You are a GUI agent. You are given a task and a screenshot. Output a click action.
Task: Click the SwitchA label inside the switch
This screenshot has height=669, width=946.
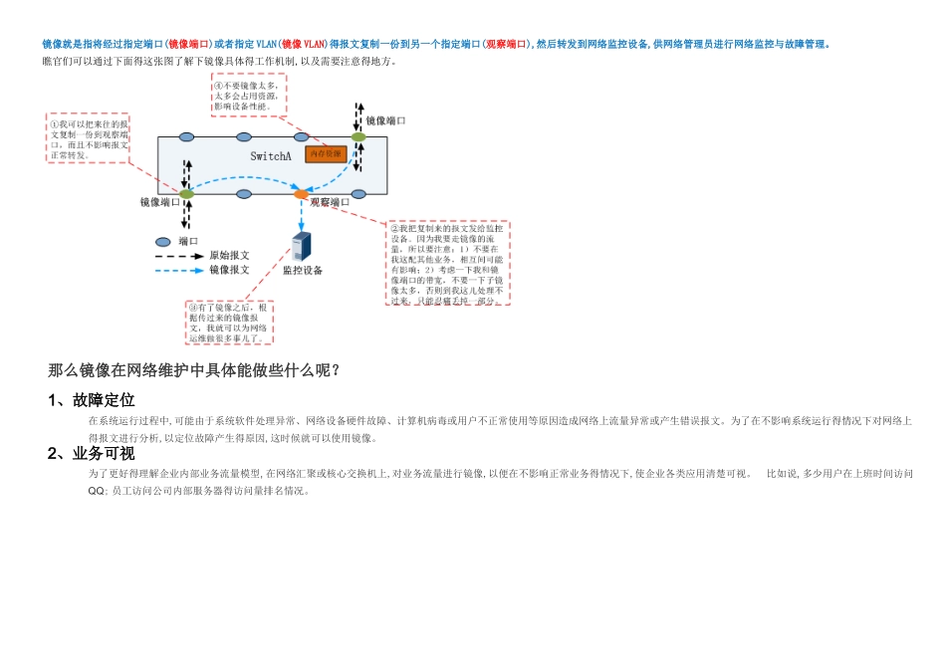click(271, 156)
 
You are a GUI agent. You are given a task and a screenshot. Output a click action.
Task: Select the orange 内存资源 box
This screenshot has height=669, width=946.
click(326, 154)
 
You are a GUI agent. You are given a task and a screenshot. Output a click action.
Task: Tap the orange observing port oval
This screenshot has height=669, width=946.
click(301, 193)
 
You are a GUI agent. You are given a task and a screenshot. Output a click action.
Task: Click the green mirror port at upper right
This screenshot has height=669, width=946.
click(358, 136)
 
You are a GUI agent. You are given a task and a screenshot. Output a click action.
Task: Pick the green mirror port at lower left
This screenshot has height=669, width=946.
click(186, 193)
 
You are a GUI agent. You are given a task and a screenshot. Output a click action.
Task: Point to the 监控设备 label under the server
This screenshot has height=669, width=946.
click(303, 270)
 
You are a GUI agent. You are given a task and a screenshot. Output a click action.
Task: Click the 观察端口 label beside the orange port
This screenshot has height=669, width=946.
click(330, 202)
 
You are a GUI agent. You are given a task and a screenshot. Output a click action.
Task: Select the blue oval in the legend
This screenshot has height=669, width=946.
click(163, 242)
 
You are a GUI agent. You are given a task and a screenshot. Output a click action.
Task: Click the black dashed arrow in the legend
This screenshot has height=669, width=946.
click(178, 256)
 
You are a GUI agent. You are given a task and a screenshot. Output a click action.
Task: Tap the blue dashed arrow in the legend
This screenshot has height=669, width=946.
click(178, 270)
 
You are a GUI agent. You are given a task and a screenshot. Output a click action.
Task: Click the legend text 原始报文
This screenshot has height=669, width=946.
click(229, 256)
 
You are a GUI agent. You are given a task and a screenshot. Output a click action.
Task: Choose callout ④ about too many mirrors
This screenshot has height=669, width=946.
click(248, 96)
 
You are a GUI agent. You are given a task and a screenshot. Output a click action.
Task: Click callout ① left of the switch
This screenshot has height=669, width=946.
click(88, 138)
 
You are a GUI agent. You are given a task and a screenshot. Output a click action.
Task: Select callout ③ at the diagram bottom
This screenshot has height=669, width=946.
click(229, 323)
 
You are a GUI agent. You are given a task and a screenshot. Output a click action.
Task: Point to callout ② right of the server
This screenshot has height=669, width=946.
click(448, 263)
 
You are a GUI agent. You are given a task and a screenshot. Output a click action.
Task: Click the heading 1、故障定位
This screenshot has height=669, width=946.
click(92, 400)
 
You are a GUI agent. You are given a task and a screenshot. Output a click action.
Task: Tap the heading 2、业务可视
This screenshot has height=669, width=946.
click(92, 454)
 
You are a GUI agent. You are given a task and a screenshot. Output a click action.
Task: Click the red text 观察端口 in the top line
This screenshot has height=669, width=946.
click(507, 45)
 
